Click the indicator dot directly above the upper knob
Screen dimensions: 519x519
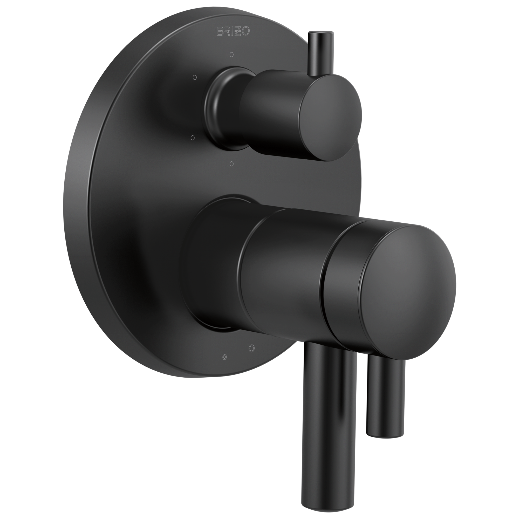(x=231, y=54)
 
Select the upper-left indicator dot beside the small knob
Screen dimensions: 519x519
(x=195, y=77)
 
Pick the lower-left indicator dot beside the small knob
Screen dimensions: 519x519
(x=192, y=138)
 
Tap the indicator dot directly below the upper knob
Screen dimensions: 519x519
(x=232, y=163)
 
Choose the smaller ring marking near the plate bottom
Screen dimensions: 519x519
(x=224, y=357)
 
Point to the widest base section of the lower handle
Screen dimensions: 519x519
(x=215, y=269)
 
